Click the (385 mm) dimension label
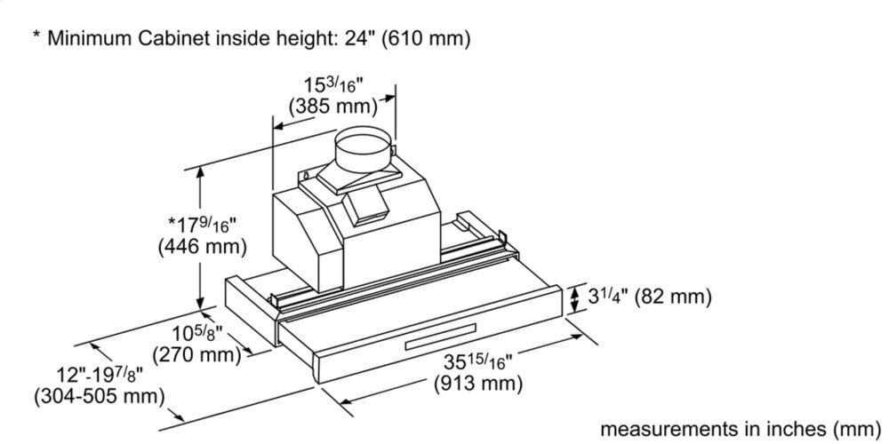(x=333, y=107)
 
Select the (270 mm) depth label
(x=197, y=356)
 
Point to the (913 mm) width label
(x=477, y=385)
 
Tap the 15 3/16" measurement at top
(x=333, y=86)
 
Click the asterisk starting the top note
(x=36, y=36)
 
